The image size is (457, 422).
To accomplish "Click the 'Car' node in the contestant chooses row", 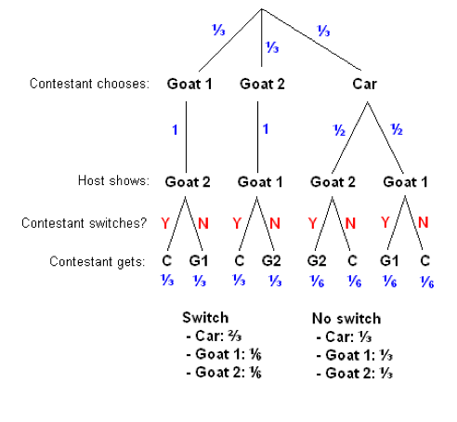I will click(x=365, y=83).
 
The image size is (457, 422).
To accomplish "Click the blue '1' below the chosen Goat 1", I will click(x=174, y=130).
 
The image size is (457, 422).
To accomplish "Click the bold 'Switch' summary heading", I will click(x=205, y=316).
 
